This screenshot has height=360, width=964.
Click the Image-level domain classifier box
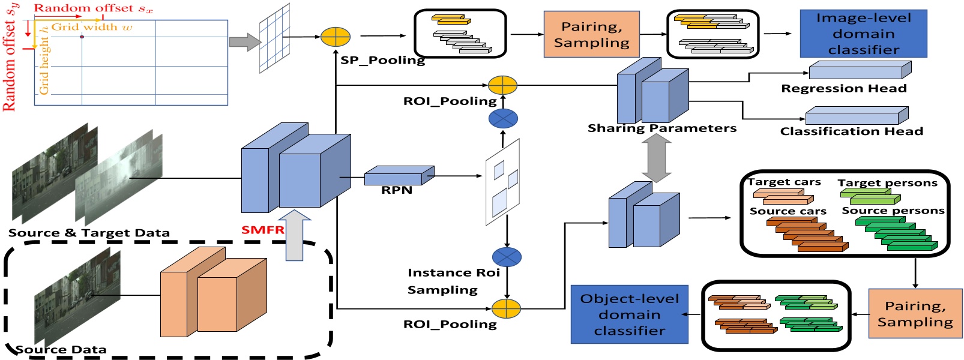point(863,34)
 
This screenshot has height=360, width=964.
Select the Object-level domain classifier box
point(629,314)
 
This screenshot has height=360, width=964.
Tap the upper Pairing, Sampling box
point(591,34)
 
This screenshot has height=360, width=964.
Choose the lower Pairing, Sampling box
point(915,314)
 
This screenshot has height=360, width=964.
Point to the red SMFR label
point(262,230)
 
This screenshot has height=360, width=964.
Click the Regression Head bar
point(858,71)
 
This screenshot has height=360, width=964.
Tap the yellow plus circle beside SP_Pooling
point(335,37)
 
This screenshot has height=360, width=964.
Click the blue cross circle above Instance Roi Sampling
point(507,257)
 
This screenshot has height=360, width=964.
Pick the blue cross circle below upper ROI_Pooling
point(503,119)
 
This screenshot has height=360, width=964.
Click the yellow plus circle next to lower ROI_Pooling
point(506,308)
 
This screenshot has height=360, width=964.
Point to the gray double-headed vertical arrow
point(657,158)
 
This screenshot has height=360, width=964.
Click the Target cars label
point(784,182)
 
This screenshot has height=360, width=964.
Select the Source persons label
point(893,211)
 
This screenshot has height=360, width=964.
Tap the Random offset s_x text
point(93,8)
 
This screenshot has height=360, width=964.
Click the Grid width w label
point(92,27)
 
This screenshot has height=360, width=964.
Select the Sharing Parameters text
point(661,128)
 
